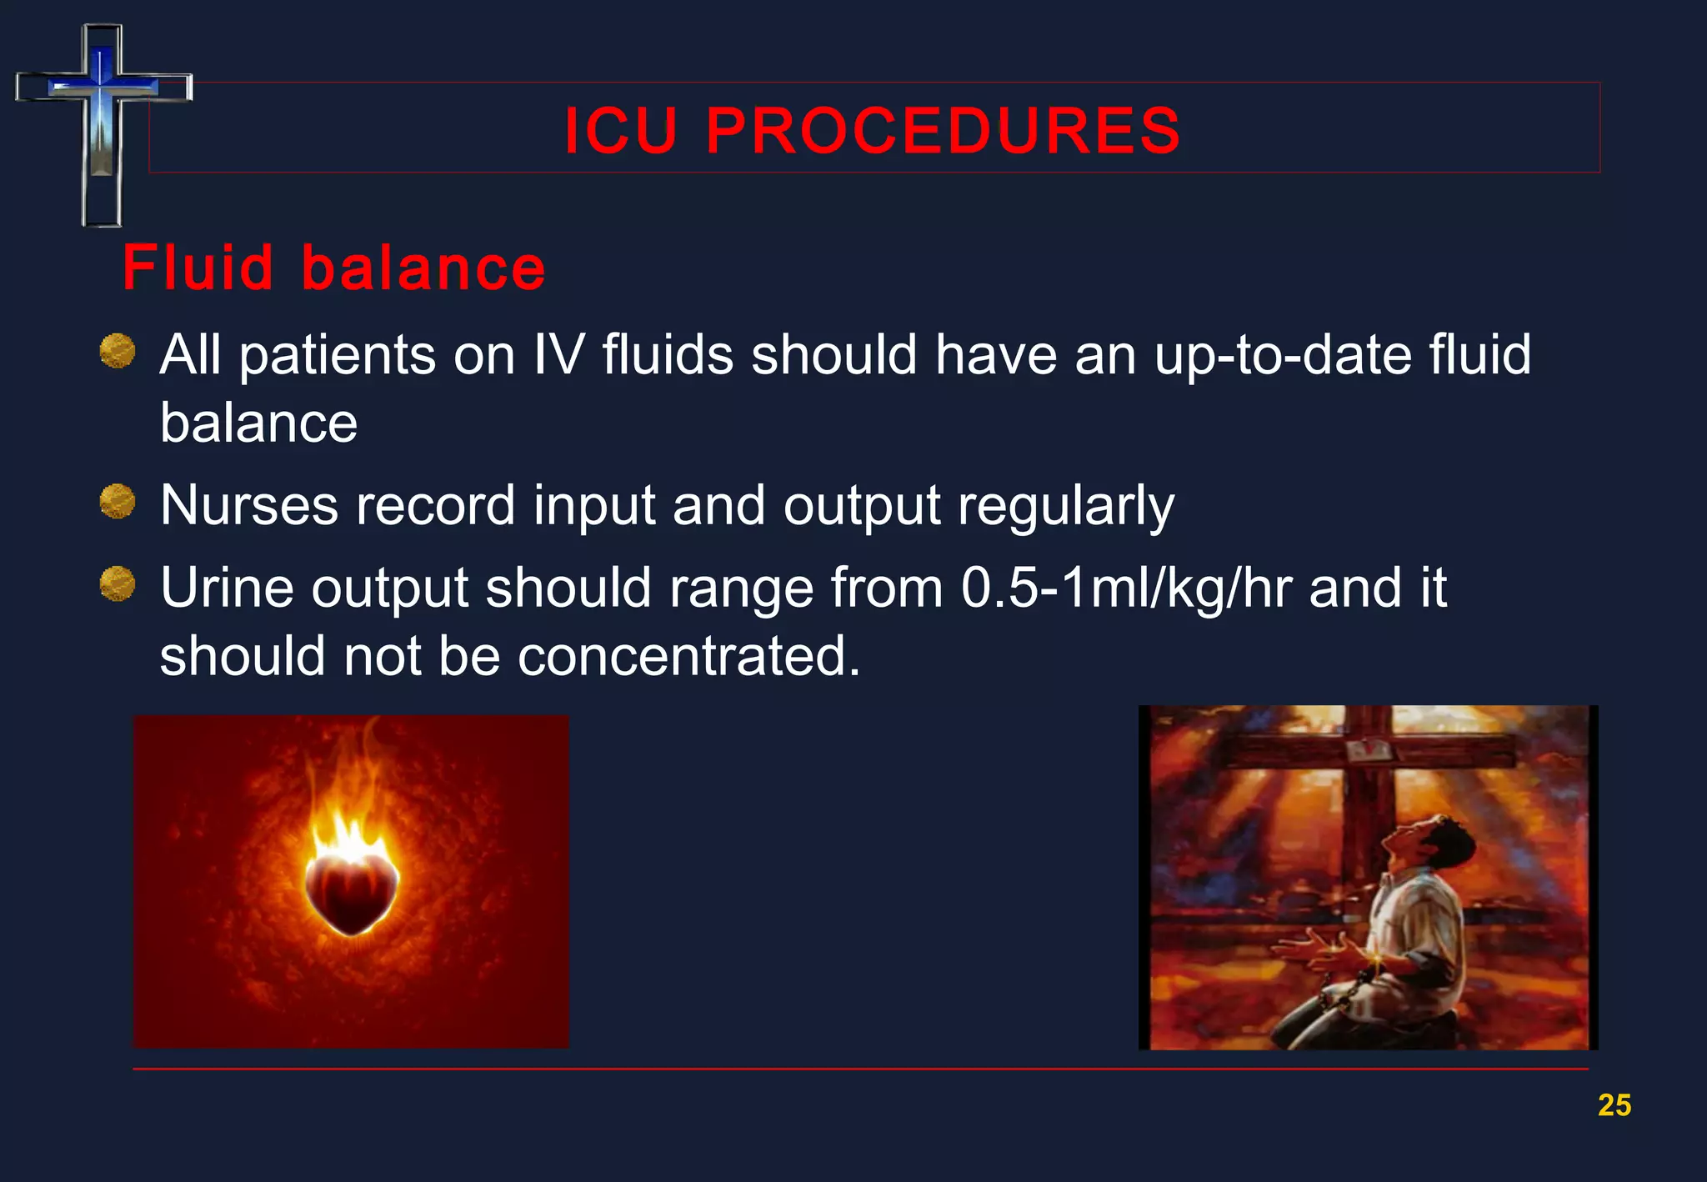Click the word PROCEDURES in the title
click(x=943, y=131)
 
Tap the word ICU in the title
click(x=620, y=131)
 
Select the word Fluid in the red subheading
click(x=198, y=268)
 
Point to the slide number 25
click(x=1614, y=1104)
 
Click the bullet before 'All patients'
click(x=118, y=351)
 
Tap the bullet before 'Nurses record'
click(x=118, y=501)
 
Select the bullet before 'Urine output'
click(x=118, y=583)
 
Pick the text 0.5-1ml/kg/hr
click(x=1126, y=588)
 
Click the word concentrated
click(x=688, y=656)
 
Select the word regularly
click(x=1066, y=507)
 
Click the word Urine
click(x=227, y=588)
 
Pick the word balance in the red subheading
click(x=423, y=268)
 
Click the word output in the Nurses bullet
click(x=862, y=507)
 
